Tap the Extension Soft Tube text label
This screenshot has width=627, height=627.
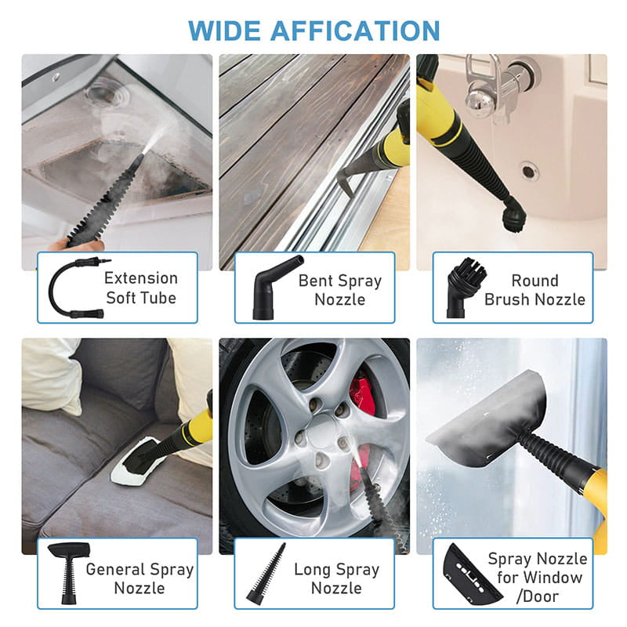(141, 288)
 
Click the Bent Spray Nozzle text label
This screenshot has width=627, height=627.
(340, 290)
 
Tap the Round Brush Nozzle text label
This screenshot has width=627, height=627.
(535, 290)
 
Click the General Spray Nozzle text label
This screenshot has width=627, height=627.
(140, 578)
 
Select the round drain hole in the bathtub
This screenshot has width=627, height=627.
(529, 169)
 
